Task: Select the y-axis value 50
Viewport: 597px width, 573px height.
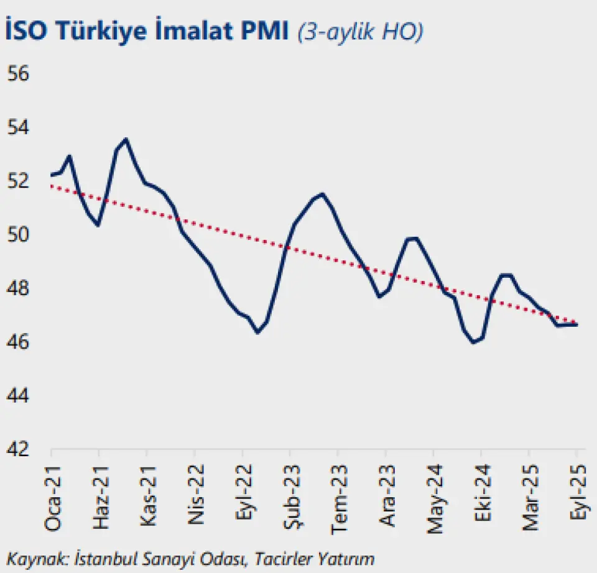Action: tap(19, 235)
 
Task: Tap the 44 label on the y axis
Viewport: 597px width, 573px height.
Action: tap(19, 395)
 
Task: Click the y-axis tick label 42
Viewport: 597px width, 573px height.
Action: tap(19, 449)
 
